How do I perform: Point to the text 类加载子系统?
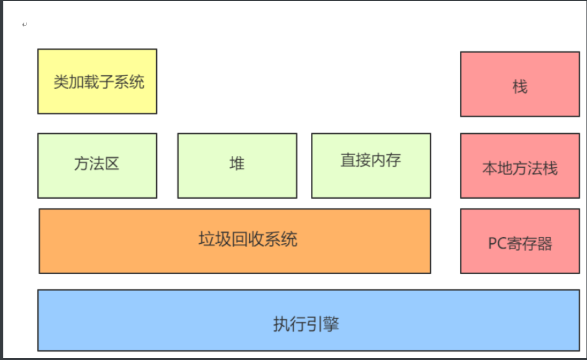click(x=99, y=82)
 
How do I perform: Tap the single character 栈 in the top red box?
click(x=520, y=86)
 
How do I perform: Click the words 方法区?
click(x=97, y=163)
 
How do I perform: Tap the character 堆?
click(x=237, y=163)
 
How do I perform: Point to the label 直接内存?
click(x=371, y=160)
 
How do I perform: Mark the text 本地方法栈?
click(x=520, y=168)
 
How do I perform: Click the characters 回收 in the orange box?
click(x=248, y=239)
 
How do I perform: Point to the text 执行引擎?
click(x=306, y=324)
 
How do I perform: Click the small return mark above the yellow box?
click(x=24, y=25)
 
